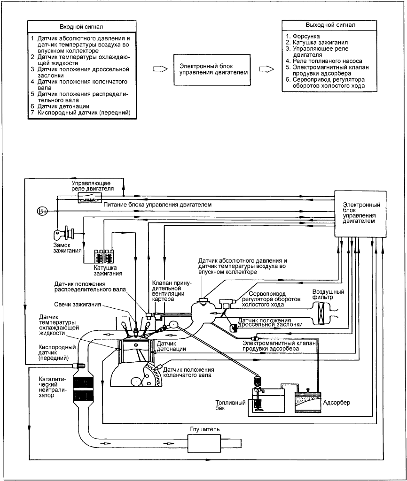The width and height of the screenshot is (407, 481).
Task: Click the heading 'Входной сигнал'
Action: (x=81, y=27)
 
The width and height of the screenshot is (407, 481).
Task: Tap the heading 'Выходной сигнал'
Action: (x=330, y=25)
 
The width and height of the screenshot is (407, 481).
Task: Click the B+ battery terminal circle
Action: (x=42, y=211)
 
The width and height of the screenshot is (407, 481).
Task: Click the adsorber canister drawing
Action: (x=308, y=402)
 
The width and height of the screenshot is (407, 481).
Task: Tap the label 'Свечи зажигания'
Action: (x=78, y=304)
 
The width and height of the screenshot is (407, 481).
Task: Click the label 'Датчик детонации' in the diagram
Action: (x=172, y=346)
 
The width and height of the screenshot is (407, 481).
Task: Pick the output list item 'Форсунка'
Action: (x=306, y=36)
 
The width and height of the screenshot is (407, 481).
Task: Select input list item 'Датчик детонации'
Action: (x=63, y=107)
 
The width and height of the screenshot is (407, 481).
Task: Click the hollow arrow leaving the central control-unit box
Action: (x=266, y=69)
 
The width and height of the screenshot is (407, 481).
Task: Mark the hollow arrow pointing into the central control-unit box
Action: (x=160, y=69)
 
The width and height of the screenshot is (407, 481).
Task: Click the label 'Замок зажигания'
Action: (x=67, y=248)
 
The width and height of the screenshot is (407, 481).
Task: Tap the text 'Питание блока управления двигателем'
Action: (x=157, y=204)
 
